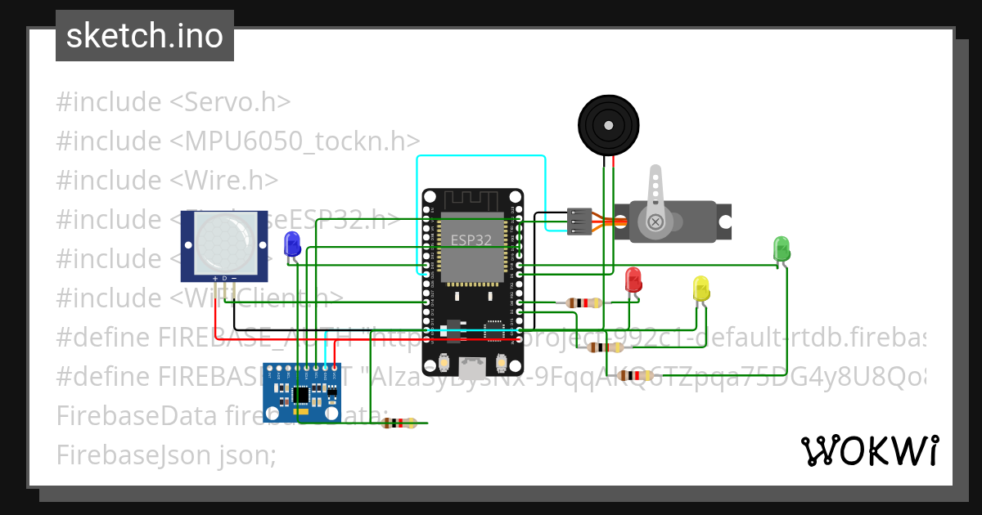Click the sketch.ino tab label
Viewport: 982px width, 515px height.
pos(144,36)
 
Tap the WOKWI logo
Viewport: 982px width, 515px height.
pos(869,450)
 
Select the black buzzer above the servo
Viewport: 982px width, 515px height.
pos(608,125)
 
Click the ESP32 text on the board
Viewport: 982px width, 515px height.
pos(471,240)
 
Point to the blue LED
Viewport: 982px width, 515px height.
pos(291,244)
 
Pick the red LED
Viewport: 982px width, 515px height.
pos(633,280)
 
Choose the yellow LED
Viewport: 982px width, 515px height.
pos(700,289)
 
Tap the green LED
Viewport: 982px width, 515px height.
pos(782,249)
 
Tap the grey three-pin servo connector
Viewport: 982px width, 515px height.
pos(579,221)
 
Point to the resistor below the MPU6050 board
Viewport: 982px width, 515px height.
pos(400,423)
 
